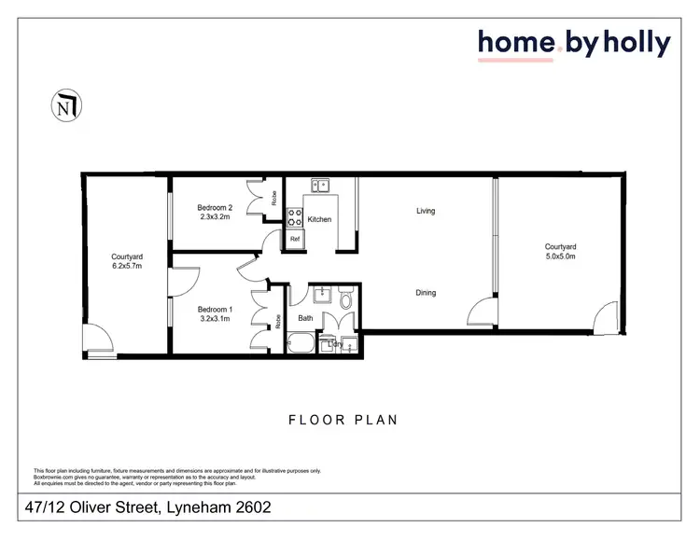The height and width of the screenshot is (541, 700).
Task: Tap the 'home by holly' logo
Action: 573,43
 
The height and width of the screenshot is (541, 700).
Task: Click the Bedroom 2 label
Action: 215,207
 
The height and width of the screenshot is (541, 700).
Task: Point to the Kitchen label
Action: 320,219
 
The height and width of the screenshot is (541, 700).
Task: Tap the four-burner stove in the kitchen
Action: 294,218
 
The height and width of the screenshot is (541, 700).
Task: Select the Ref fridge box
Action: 295,239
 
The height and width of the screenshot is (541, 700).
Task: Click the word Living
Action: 426,211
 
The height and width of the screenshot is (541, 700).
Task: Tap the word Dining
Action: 426,293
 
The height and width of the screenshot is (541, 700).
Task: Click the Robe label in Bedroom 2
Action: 274,198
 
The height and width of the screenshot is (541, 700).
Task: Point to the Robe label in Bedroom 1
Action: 278,320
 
